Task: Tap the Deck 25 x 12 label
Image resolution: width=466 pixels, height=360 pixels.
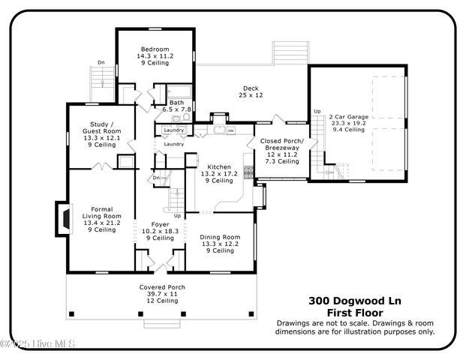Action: point(251,91)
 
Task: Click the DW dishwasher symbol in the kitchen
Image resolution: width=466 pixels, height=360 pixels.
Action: point(231,130)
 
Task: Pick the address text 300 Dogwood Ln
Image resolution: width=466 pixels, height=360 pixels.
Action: point(354,301)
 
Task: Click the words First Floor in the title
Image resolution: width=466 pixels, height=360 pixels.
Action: point(354,313)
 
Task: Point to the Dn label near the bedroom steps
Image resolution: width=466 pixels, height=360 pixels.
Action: point(101,62)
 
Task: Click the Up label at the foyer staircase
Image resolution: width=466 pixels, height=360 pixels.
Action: point(177,215)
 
